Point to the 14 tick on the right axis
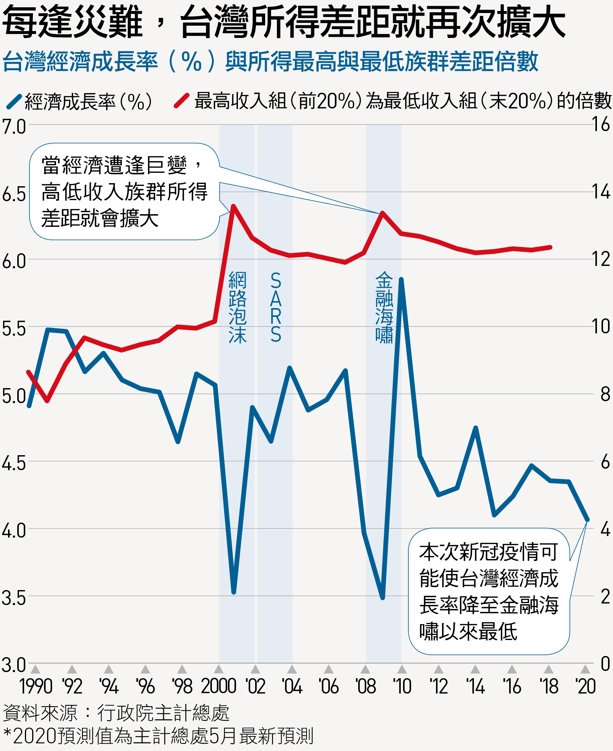(600, 192)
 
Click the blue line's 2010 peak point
(401, 280)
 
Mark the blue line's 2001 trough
(234, 592)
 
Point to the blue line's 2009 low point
(382, 597)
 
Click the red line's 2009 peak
(382, 213)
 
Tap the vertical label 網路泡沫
(237, 307)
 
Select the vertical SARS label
(275, 307)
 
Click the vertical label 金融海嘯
(384, 307)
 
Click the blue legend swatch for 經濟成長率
(14, 101)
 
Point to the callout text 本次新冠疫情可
(488, 552)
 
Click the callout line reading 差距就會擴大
(100, 218)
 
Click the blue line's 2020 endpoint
(587, 520)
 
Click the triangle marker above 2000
(218, 669)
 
